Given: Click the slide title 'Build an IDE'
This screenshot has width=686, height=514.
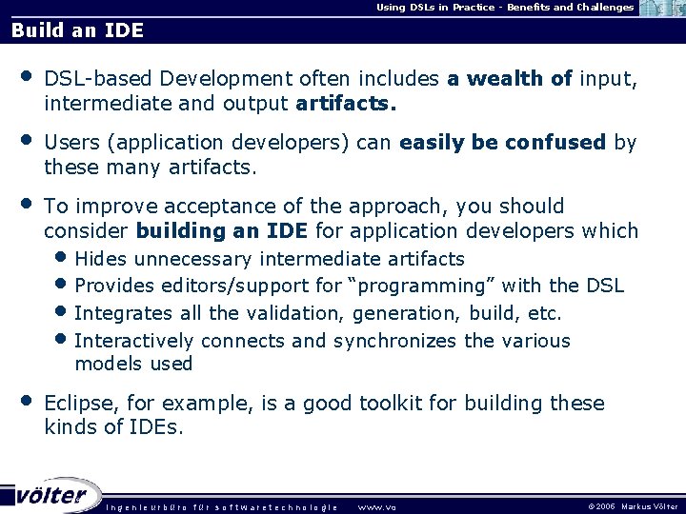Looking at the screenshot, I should [x=77, y=30].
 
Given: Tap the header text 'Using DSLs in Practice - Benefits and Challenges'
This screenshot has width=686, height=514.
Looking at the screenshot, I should [x=505, y=8].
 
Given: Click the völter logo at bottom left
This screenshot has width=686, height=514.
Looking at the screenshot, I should [x=51, y=495].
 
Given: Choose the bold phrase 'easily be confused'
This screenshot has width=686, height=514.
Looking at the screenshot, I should [x=503, y=144].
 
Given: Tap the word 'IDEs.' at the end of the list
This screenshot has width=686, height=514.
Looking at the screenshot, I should [x=157, y=427].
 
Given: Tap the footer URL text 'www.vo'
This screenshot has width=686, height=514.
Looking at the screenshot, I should [x=376, y=507].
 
